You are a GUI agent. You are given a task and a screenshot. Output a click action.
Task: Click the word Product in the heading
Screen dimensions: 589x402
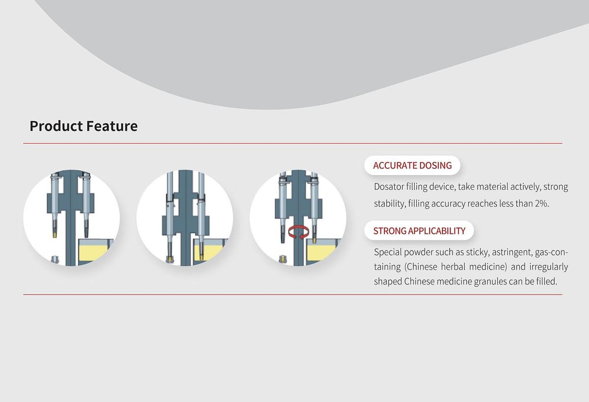(x=56, y=126)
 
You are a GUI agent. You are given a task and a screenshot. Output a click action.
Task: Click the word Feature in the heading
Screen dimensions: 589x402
(x=112, y=126)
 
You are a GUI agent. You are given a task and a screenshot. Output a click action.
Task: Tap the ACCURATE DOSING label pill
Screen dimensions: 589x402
(x=412, y=165)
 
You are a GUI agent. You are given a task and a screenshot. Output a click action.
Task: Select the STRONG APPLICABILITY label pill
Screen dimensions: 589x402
(x=419, y=231)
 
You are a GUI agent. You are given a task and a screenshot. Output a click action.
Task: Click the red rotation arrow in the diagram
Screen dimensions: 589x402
(x=298, y=233)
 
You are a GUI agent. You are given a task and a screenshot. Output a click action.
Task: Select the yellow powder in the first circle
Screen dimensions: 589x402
(x=93, y=252)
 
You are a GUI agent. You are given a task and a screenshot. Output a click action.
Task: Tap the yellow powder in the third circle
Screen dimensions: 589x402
(x=321, y=252)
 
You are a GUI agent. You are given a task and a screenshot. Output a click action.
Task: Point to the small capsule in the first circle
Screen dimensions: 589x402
(x=54, y=259)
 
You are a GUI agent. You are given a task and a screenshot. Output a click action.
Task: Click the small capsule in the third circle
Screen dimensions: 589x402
(x=283, y=259)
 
